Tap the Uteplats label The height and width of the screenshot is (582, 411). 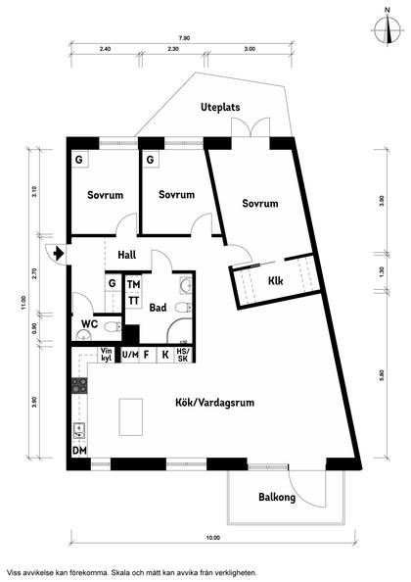pyautogui.click(x=220, y=107)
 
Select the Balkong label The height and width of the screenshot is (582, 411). pyautogui.click(x=277, y=498)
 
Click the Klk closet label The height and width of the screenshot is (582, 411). pyautogui.click(x=277, y=280)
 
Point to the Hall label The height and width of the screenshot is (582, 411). pyautogui.click(x=127, y=255)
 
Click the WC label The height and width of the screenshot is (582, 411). pyautogui.click(x=88, y=323)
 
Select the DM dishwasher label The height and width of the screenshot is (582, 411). pyautogui.click(x=78, y=452)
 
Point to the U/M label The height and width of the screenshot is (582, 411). pyautogui.click(x=129, y=355)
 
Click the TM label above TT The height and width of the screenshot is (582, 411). pyautogui.click(x=133, y=284)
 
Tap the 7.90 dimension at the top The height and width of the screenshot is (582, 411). pyautogui.click(x=185, y=38)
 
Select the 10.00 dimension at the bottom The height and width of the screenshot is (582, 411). pyautogui.click(x=212, y=538)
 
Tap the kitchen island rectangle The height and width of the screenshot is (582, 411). pyautogui.click(x=131, y=418)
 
